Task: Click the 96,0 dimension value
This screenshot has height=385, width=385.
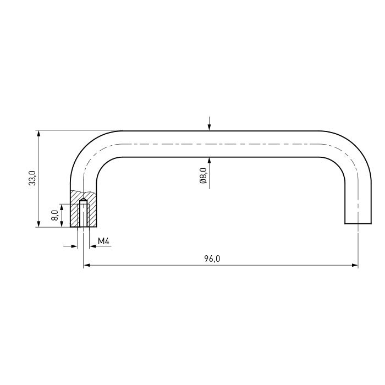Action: coord(212,259)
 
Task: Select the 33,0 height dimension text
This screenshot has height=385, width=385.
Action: coord(32,178)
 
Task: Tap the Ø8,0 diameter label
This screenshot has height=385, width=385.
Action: coord(204,176)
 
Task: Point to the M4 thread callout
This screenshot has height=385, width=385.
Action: coord(103,241)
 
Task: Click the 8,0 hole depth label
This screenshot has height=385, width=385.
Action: coord(55,215)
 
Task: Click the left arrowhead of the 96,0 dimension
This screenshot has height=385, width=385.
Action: coord(86,265)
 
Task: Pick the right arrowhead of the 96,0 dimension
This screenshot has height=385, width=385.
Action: coord(355,265)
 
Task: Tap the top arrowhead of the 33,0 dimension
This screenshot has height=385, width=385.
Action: coord(38,133)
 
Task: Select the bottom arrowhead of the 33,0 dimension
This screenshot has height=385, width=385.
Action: coord(38,224)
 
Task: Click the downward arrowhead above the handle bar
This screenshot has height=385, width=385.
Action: coord(209,127)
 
